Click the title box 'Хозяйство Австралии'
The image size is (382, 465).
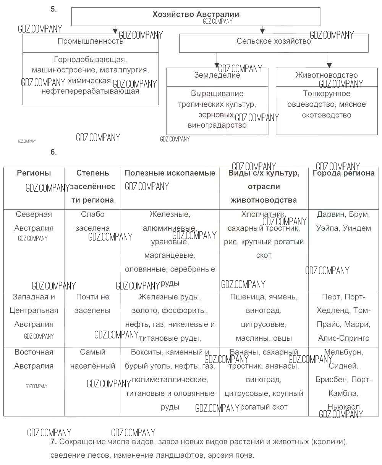[196, 15]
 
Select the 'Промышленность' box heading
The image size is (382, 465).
[91, 41]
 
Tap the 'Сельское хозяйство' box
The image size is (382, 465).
[274, 41]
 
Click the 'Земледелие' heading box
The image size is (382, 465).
[217, 75]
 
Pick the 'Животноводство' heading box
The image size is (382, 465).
[326, 75]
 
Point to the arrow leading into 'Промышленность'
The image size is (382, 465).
[115, 30]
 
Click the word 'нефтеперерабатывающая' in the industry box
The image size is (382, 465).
[91, 91]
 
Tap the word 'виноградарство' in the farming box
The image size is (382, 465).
[217, 125]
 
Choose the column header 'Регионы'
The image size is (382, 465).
[34, 173]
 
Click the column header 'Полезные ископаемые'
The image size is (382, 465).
[170, 173]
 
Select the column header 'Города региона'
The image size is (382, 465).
[343, 173]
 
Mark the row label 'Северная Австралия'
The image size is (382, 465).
[34, 221]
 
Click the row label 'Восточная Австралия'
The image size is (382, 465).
[34, 359]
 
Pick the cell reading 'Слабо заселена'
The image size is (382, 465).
[92, 221]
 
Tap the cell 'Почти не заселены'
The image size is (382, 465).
[92, 304]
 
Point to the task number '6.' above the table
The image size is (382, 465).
[53, 152]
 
